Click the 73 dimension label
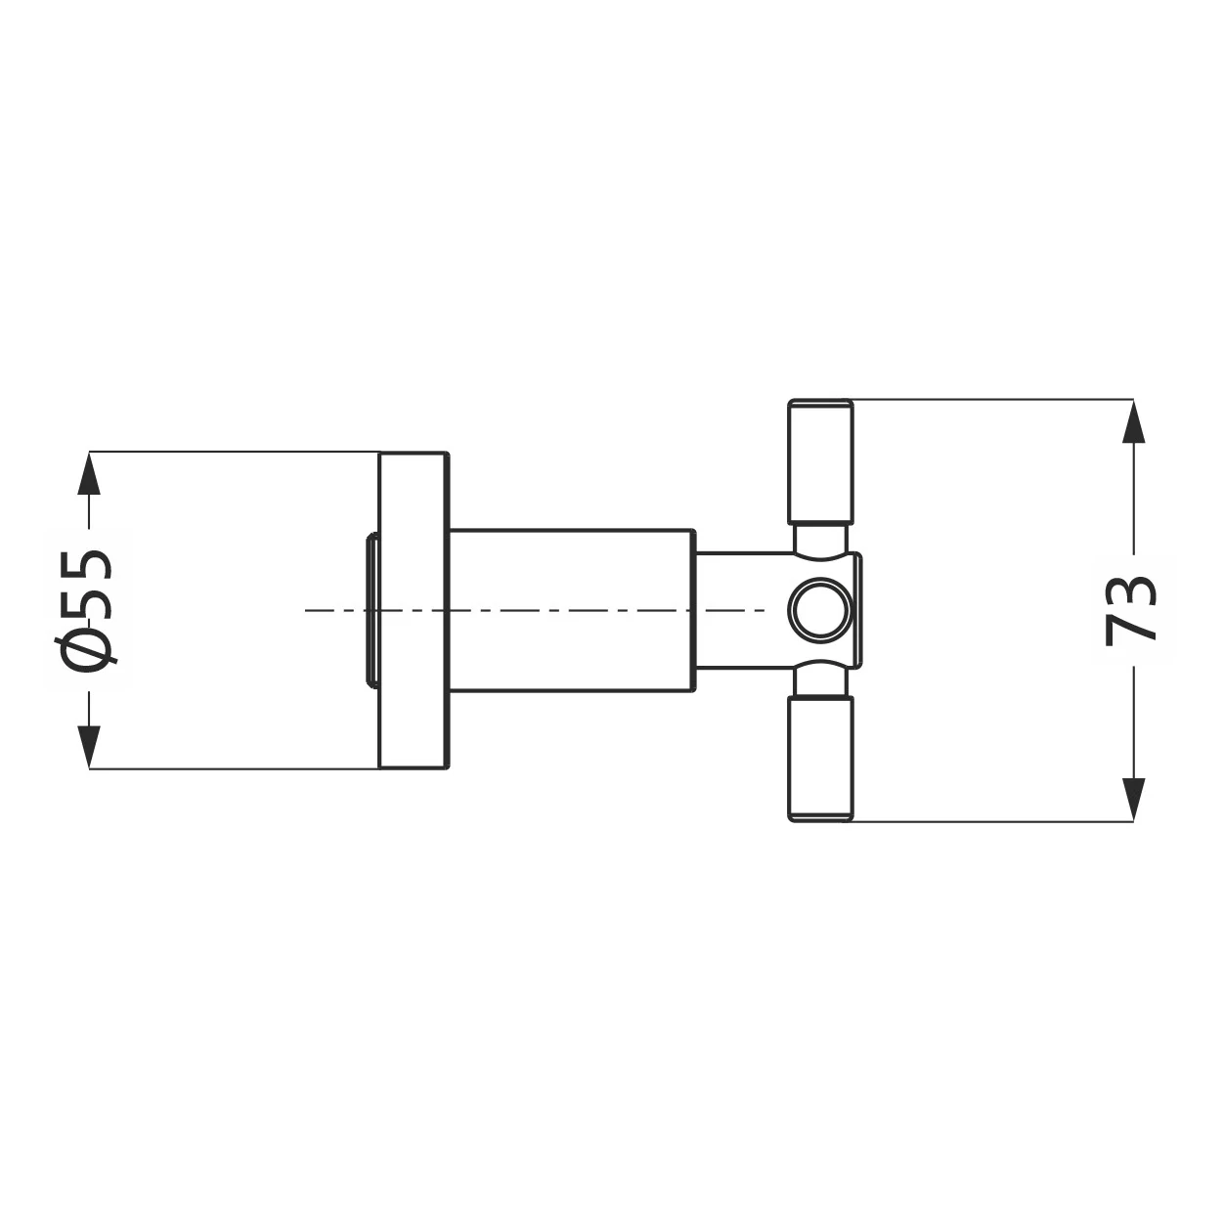pyautogui.click(x=1130, y=610)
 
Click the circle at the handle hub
pyautogui.click(x=820, y=610)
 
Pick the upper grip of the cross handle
pyautogui.click(x=820, y=461)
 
